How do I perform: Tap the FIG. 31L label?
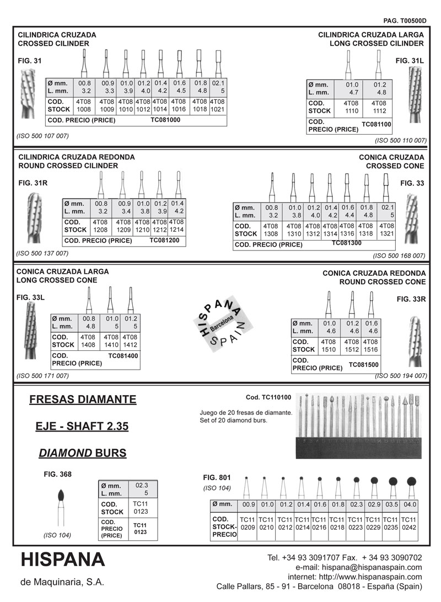(x=410, y=60)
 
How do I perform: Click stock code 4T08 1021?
(x=218, y=105)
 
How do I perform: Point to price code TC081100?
(x=377, y=125)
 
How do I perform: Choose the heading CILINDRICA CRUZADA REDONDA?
(x=76, y=157)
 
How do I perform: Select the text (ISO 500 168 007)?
(x=399, y=255)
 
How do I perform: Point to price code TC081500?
(x=363, y=365)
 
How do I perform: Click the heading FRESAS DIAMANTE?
(x=82, y=399)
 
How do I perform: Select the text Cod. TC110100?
(x=268, y=397)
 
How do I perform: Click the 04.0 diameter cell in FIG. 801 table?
(x=409, y=504)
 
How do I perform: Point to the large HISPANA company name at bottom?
(x=63, y=560)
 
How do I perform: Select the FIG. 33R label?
(x=411, y=299)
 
